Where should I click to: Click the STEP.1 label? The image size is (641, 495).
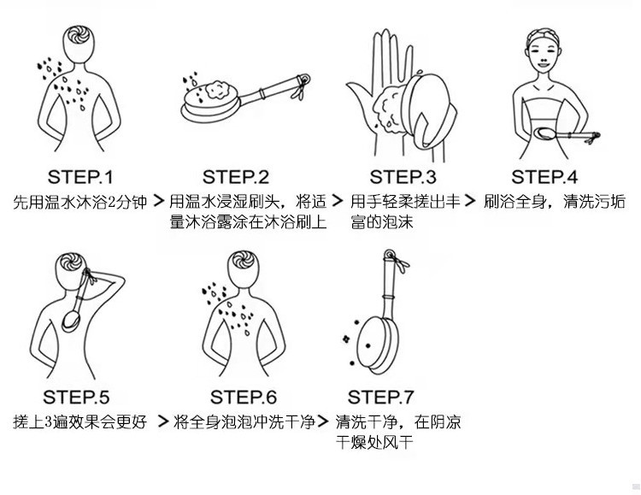[x=80, y=177]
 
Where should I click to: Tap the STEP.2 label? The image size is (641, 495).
[x=236, y=177]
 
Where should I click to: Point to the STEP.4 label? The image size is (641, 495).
[x=544, y=177]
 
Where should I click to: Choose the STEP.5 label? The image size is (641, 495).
[x=77, y=397]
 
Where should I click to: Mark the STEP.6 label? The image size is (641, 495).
[x=244, y=397]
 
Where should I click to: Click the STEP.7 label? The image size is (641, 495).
[x=380, y=397]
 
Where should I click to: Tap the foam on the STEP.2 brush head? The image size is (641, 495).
[x=205, y=88]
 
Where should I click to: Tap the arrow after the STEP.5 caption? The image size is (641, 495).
[x=162, y=421]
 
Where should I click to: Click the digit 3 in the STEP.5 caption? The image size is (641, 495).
[x=52, y=422]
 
